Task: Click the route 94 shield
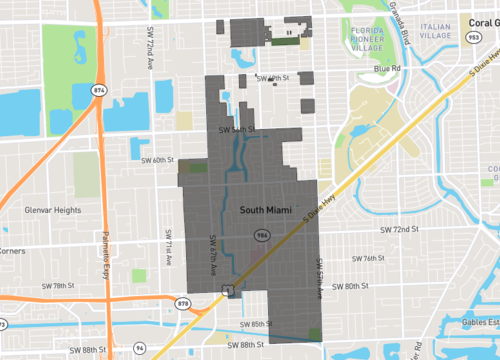tap(140, 348)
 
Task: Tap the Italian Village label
tap(436, 30)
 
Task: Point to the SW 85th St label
tap(256, 324)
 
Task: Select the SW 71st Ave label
tap(167, 250)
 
